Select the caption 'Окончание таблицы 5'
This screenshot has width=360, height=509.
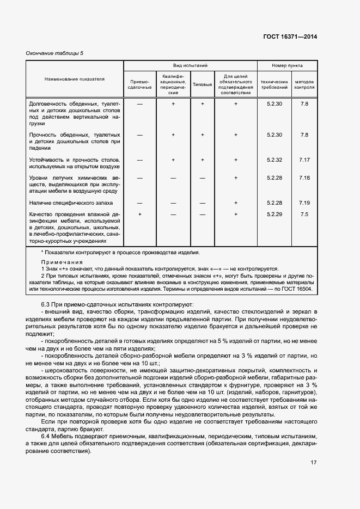(x=54, y=53)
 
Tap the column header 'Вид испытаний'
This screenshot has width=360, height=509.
(x=190, y=65)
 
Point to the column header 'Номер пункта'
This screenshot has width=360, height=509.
(x=287, y=65)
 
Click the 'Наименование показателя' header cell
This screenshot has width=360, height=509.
(x=75, y=79)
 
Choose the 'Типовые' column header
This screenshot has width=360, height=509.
(x=202, y=84)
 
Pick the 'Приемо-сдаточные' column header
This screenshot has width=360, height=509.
(x=139, y=84)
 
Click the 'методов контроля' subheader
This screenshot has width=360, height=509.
(x=304, y=84)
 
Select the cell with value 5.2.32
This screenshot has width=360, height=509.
(x=274, y=160)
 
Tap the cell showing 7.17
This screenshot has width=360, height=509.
(x=304, y=160)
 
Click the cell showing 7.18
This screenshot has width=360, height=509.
(x=304, y=177)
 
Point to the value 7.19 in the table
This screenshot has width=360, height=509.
(x=304, y=203)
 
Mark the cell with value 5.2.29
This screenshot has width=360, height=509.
(x=274, y=214)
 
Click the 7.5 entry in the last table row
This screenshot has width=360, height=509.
(x=304, y=214)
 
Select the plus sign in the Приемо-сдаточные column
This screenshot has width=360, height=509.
(x=140, y=214)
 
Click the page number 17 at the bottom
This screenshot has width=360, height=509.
(x=314, y=462)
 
